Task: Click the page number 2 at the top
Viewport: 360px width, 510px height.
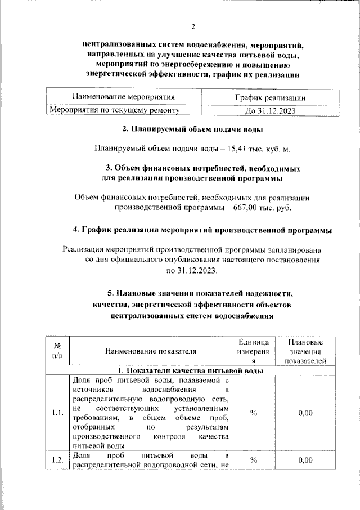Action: pyautogui.click(x=192, y=26)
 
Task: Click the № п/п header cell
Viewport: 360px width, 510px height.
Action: pyautogui.click(x=57, y=351)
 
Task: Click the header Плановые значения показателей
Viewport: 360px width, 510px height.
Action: pyautogui.click(x=305, y=351)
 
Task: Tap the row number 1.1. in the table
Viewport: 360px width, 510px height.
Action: pyautogui.click(x=57, y=413)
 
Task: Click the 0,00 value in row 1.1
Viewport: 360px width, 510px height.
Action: pyautogui.click(x=305, y=413)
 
